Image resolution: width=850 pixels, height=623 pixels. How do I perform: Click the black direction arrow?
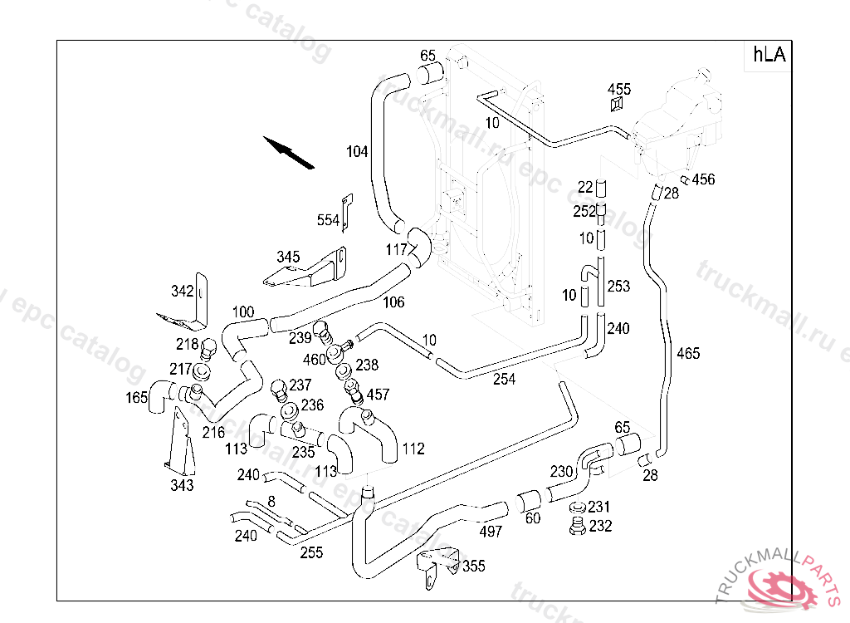point(289,153)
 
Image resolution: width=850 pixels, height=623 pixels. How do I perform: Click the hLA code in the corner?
point(769,54)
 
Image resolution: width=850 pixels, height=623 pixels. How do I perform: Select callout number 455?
point(619,89)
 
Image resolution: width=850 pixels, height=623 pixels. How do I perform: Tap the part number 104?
point(357,151)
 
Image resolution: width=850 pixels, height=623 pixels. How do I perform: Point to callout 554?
point(328,220)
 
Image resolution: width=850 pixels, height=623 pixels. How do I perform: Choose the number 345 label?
point(288,257)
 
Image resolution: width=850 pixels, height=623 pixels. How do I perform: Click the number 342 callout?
point(182,292)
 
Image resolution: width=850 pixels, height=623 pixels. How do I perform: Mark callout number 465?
point(688,353)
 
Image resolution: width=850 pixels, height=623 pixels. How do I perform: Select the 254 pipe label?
point(504,379)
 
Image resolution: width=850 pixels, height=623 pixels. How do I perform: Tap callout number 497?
point(491,532)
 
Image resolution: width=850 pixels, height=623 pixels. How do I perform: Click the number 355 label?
point(474,566)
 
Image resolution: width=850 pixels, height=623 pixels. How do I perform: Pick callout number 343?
point(182,484)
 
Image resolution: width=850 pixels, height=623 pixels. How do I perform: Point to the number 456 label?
point(704,179)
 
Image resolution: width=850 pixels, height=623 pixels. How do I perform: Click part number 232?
point(600,526)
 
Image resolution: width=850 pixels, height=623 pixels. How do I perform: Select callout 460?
point(314,359)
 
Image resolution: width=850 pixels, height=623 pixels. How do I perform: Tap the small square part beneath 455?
point(617,104)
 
